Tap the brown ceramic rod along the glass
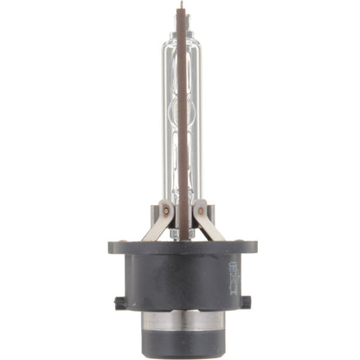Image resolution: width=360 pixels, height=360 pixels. click(x=183, y=130)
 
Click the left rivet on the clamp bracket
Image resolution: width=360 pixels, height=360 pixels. click(x=161, y=210)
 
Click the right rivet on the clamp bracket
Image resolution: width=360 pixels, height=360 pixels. click(x=200, y=210)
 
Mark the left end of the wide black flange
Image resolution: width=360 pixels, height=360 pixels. click(x=112, y=247)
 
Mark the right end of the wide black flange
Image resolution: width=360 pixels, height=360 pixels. click(x=250, y=247)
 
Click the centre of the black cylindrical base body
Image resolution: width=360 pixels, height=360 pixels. click(x=180, y=281)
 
